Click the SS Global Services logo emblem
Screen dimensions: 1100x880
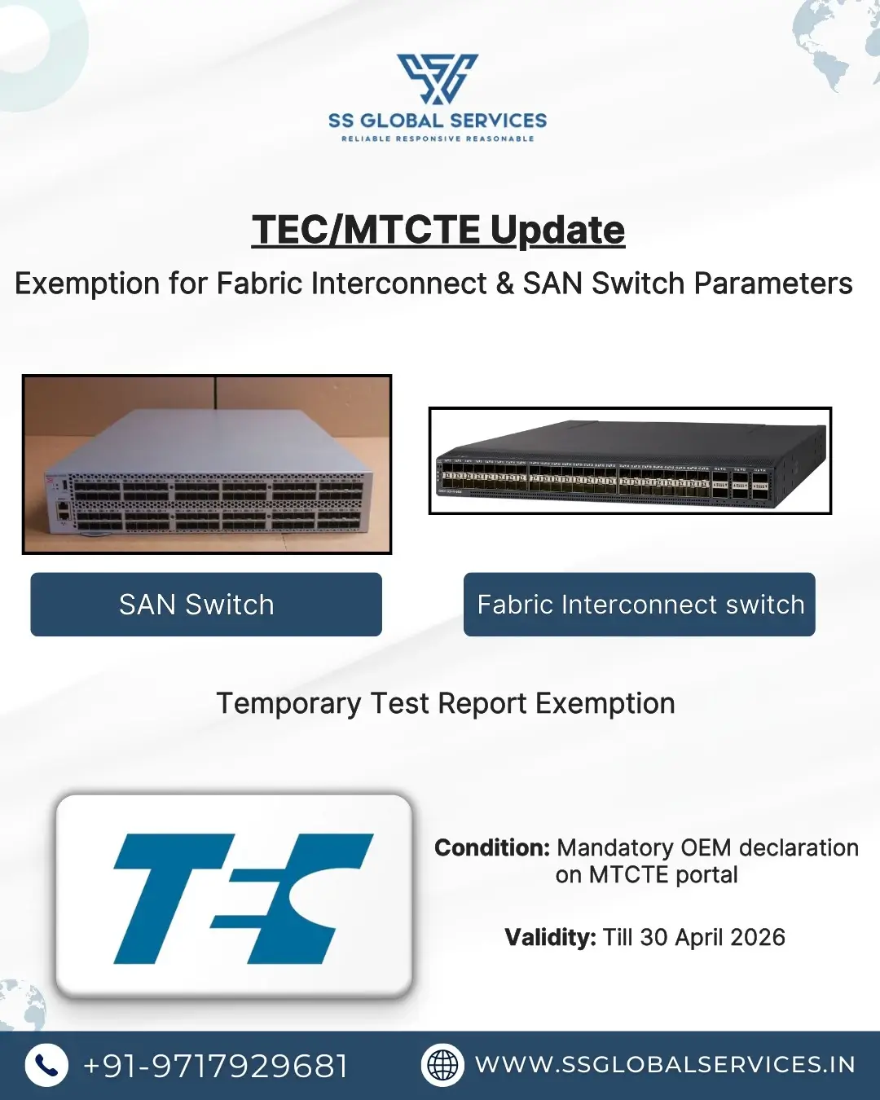[x=438, y=79]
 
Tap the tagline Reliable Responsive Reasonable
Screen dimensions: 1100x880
[x=438, y=139]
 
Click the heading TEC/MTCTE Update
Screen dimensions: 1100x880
[x=438, y=230]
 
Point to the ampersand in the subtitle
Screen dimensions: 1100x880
[x=504, y=284]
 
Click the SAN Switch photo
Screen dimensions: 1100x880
[x=207, y=464]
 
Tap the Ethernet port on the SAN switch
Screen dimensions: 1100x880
[x=63, y=511]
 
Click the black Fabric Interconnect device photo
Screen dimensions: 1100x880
[x=630, y=461]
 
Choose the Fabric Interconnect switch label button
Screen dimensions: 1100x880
[x=640, y=605]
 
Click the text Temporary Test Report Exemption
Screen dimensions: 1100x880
[x=446, y=703]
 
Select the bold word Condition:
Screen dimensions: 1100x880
[x=492, y=848]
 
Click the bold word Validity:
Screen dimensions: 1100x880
[x=550, y=938]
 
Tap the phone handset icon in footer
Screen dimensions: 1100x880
[x=46, y=1066]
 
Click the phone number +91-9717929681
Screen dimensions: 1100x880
[x=216, y=1066]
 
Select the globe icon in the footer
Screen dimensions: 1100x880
[x=442, y=1066]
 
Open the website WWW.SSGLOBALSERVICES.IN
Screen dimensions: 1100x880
[x=665, y=1065]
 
